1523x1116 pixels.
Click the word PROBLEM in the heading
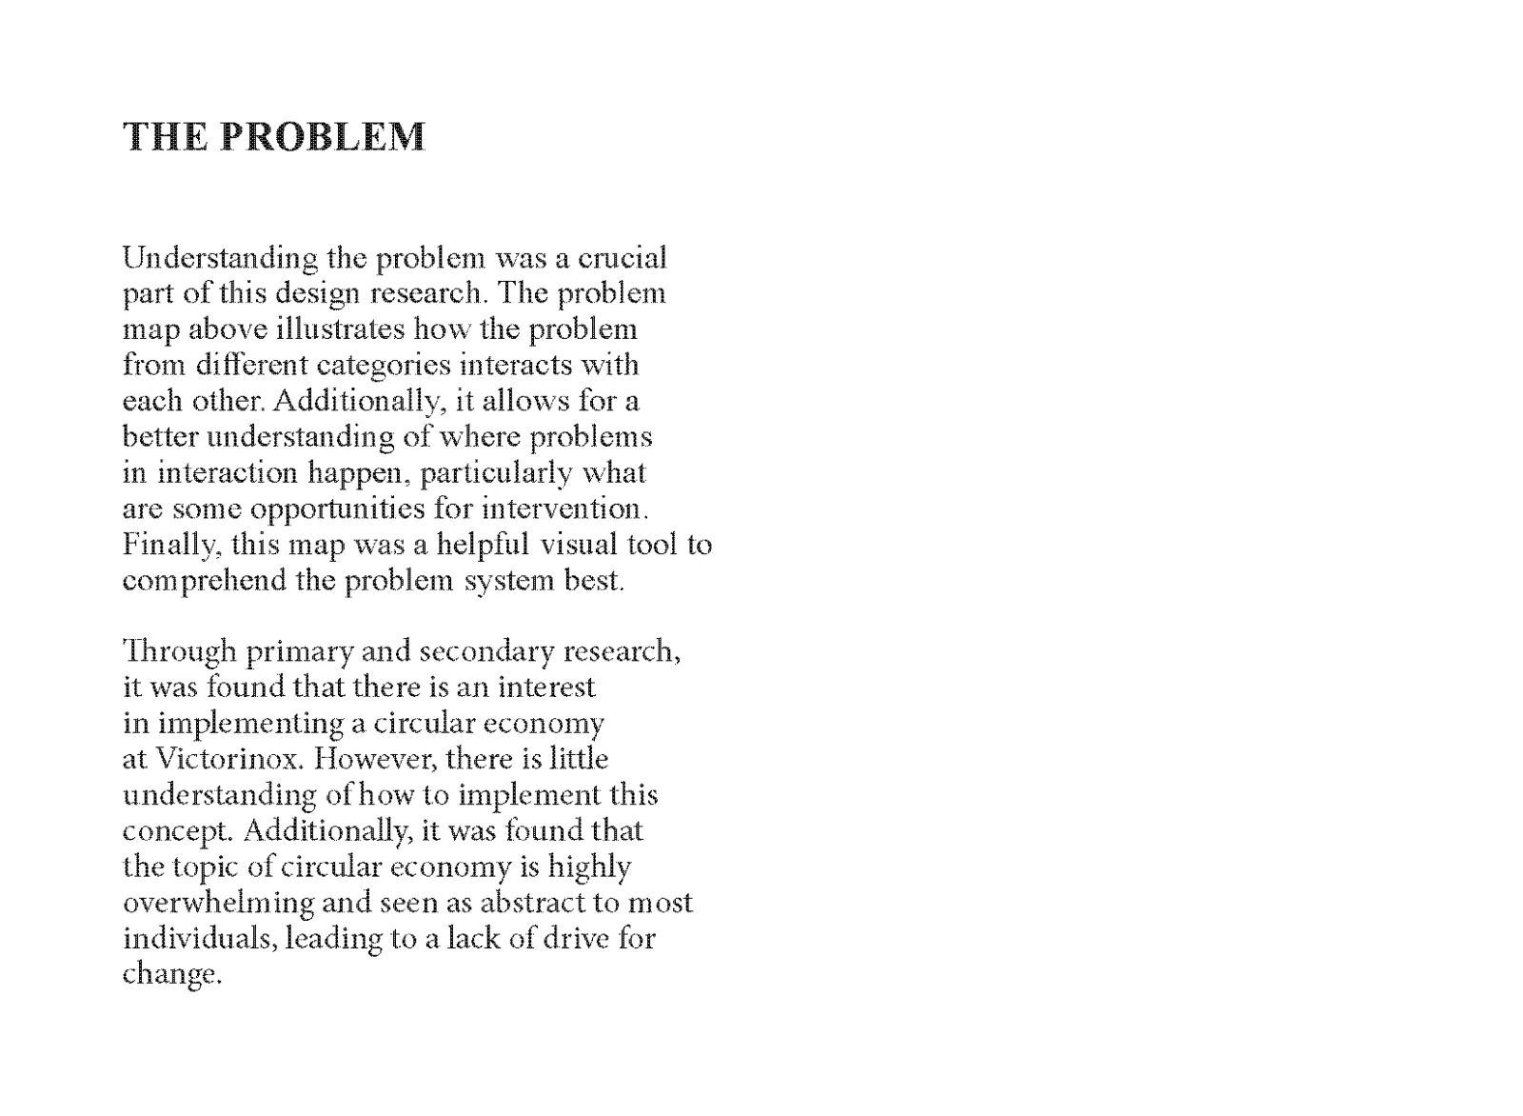coord(323,137)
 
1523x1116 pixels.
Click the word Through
coord(180,652)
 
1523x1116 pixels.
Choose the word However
coord(374,759)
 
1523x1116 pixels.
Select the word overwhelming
coord(219,903)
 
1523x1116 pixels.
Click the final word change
coord(171,975)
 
